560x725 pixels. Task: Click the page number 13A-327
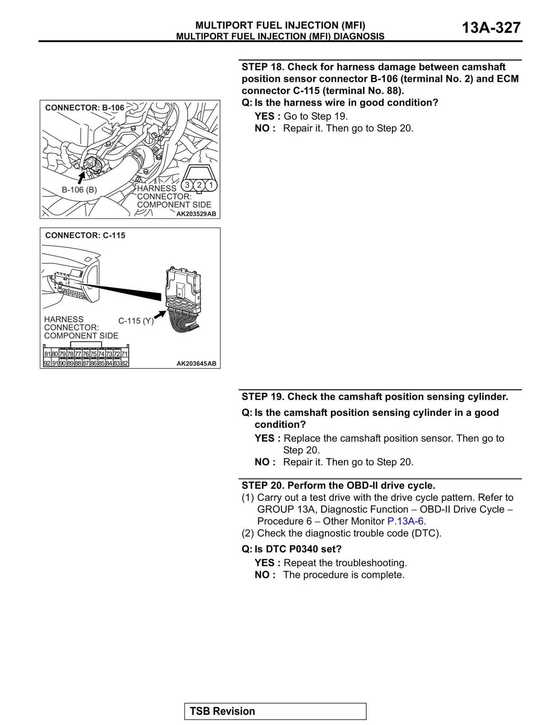pyautogui.click(x=491, y=28)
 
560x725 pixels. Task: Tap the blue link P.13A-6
pyautogui.click(x=405, y=521)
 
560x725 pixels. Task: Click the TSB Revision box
pyautogui.click(x=275, y=711)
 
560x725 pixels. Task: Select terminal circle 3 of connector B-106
pyautogui.click(x=187, y=185)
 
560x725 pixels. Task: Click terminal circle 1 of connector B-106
pyautogui.click(x=211, y=185)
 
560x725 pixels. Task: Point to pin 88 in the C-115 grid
pyautogui.click(x=78, y=363)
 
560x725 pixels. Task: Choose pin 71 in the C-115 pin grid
pyautogui.click(x=124, y=354)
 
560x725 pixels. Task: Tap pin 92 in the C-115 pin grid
pyautogui.click(x=47, y=363)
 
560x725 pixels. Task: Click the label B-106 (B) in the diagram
pyautogui.click(x=79, y=190)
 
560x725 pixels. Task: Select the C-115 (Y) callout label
pyautogui.click(x=136, y=321)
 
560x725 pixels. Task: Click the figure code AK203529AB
pyautogui.click(x=196, y=214)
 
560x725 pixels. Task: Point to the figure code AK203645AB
pyautogui.click(x=196, y=363)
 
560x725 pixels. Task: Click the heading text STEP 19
pyautogui.click(x=263, y=397)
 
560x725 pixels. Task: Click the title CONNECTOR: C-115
pyautogui.click(x=85, y=235)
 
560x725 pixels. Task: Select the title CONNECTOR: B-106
pyautogui.click(x=84, y=108)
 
